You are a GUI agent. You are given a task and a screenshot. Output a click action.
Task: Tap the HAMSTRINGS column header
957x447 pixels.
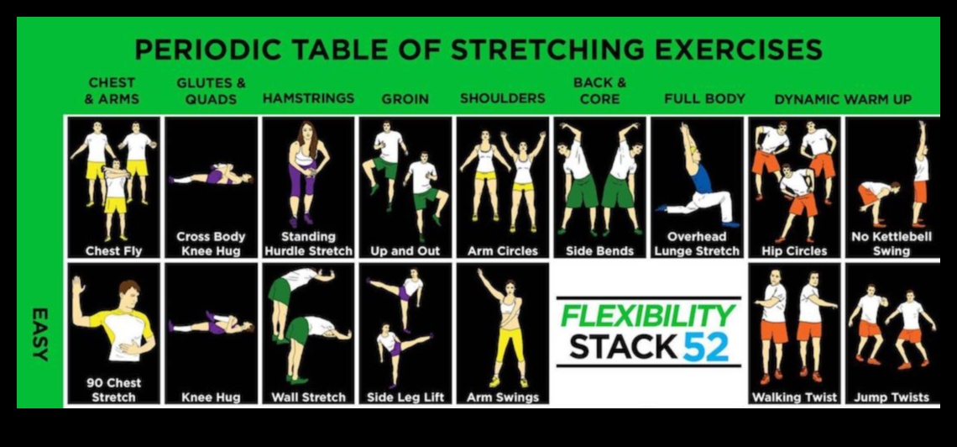pos(308,98)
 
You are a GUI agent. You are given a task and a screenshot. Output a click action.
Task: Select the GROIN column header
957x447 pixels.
pos(405,98)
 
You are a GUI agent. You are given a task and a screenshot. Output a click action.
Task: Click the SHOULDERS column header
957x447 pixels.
pos(502,98)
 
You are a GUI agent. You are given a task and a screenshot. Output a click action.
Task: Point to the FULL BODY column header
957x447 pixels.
pos(704,98)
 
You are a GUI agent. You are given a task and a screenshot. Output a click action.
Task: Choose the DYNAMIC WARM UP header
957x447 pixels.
pos(842,99)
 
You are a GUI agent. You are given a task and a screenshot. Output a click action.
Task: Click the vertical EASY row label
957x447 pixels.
pos(39,334)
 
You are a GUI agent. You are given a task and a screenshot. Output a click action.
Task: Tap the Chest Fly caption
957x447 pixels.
pos(113,250)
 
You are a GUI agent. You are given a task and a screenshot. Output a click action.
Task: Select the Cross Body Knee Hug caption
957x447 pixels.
pos(211,244)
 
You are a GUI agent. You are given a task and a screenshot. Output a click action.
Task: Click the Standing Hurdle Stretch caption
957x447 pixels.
pos(308,244)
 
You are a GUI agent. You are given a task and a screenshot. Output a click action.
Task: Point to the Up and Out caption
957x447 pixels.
pos(405,250)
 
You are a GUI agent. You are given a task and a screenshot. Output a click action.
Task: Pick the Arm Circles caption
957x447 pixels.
pos(502,250)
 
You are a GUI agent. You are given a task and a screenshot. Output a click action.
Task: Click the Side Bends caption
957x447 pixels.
pos(599,250)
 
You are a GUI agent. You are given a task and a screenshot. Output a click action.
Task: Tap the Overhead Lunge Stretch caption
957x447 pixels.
pos(697,244)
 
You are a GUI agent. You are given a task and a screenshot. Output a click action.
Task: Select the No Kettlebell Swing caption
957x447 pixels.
pos(892,244)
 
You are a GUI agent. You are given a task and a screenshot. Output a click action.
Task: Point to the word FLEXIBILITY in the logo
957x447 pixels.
pos(647,315)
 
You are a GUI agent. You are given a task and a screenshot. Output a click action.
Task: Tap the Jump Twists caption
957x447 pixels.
pos(892,397)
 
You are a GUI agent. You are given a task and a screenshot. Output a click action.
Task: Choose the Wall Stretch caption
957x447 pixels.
pos(308,397)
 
